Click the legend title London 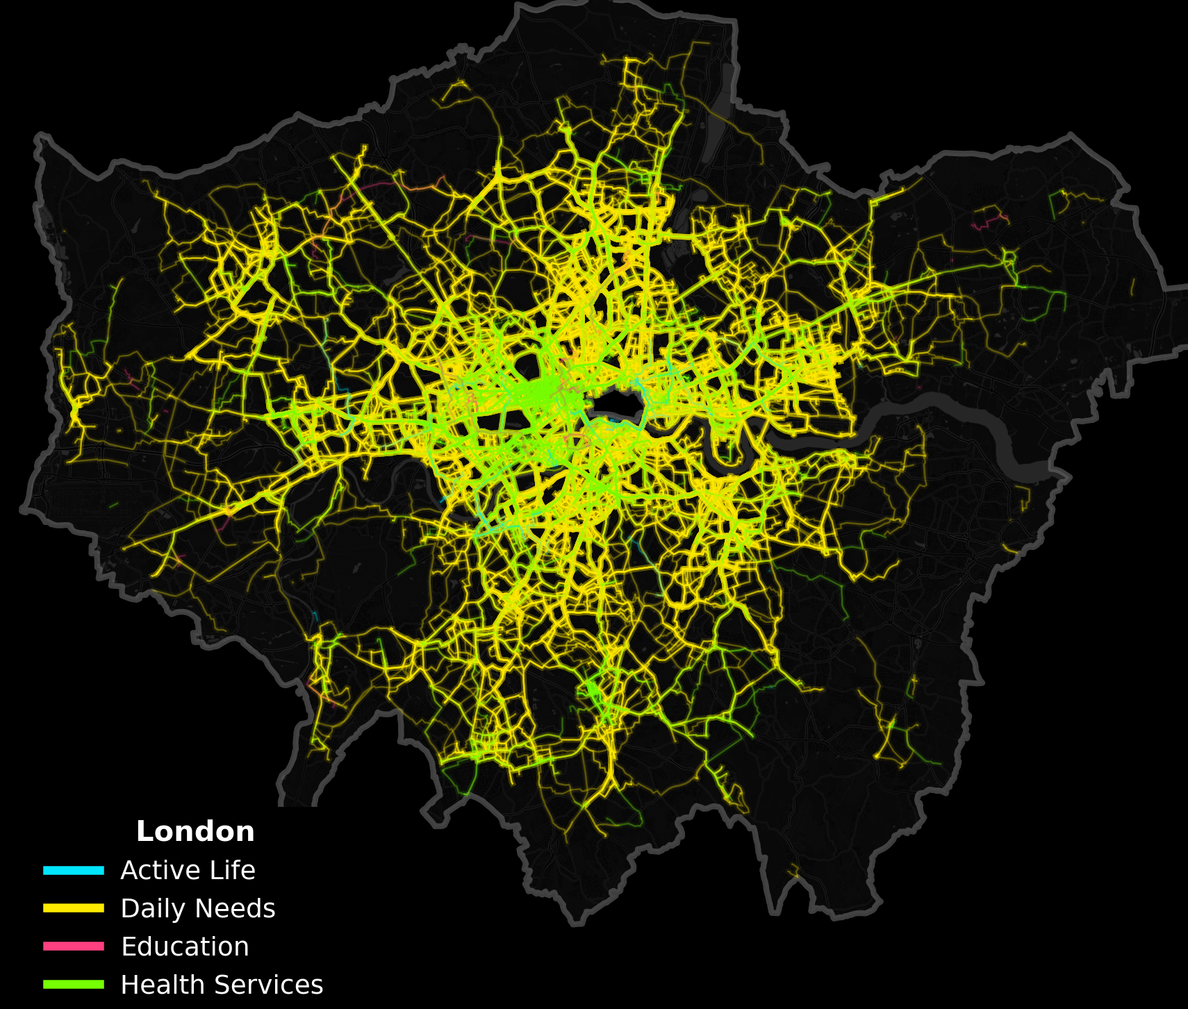pyautogui.click(x=195, y=831)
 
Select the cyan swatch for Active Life pyautogui.click(x=74, y=870)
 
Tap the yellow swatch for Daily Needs pyautogui.click(x=74, y=908)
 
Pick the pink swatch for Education pyautogui.click(x=74, y=947)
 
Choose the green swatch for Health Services pyautogui.click(x=74, y=985)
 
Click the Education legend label pyautogui.click(x=185, y=947)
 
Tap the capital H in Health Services pyautogui.click(x=129, y=985)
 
